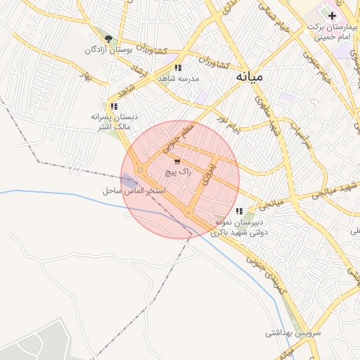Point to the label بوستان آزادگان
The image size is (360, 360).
point(108,51)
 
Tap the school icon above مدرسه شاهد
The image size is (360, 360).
point(179,67)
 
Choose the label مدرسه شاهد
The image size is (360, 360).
point(178,78)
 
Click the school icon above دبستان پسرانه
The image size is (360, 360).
point(115,106)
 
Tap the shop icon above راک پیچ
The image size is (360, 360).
point(176,162)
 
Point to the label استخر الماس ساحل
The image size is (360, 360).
point(134,191)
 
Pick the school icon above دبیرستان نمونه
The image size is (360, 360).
point(240,210)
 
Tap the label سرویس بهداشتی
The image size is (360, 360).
point(293,331)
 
